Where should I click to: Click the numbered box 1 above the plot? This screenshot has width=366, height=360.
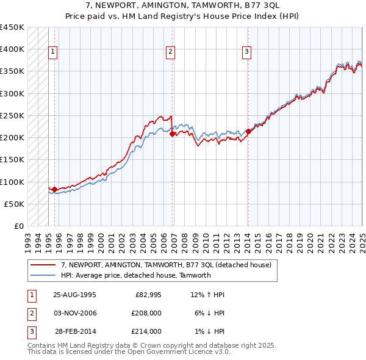(x=54, y=52)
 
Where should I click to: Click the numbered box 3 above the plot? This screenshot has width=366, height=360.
(x=247, y=52)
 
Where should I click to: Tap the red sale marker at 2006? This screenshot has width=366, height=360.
(x=173, y=134)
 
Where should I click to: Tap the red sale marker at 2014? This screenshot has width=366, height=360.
(x=248, y=131)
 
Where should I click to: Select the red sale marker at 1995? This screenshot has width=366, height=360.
(x=54, y=189)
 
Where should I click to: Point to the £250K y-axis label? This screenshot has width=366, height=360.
(x=12, y=115)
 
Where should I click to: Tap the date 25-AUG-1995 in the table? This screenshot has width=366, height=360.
(x=74, y=295)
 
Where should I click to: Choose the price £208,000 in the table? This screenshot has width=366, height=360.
(x=146, y=313)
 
